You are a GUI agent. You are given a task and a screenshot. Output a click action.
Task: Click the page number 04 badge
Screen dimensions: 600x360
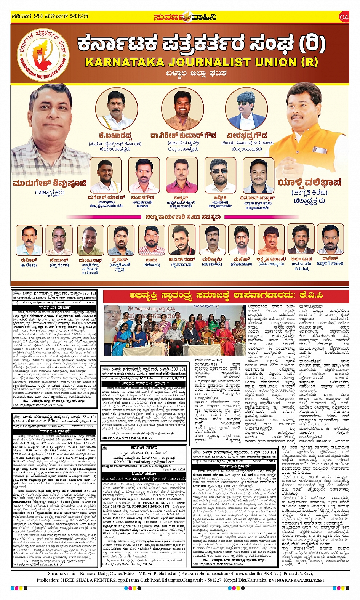coord(344,17)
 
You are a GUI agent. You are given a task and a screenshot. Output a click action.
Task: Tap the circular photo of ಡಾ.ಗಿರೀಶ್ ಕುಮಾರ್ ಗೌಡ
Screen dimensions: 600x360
coord(182,109)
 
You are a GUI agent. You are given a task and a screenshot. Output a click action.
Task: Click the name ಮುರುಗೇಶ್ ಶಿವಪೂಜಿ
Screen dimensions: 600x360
coord(50,183)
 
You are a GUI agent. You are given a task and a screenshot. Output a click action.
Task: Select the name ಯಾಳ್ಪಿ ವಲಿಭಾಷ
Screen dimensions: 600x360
coord(309,182)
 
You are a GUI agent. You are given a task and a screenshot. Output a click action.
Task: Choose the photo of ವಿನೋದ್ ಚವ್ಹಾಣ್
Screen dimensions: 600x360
coord(258,176)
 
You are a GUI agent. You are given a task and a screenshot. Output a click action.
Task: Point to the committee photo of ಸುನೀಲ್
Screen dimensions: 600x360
coord(29,240)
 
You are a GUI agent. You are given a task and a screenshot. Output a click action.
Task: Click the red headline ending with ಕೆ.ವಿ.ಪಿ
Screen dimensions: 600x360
coord(226,295)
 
